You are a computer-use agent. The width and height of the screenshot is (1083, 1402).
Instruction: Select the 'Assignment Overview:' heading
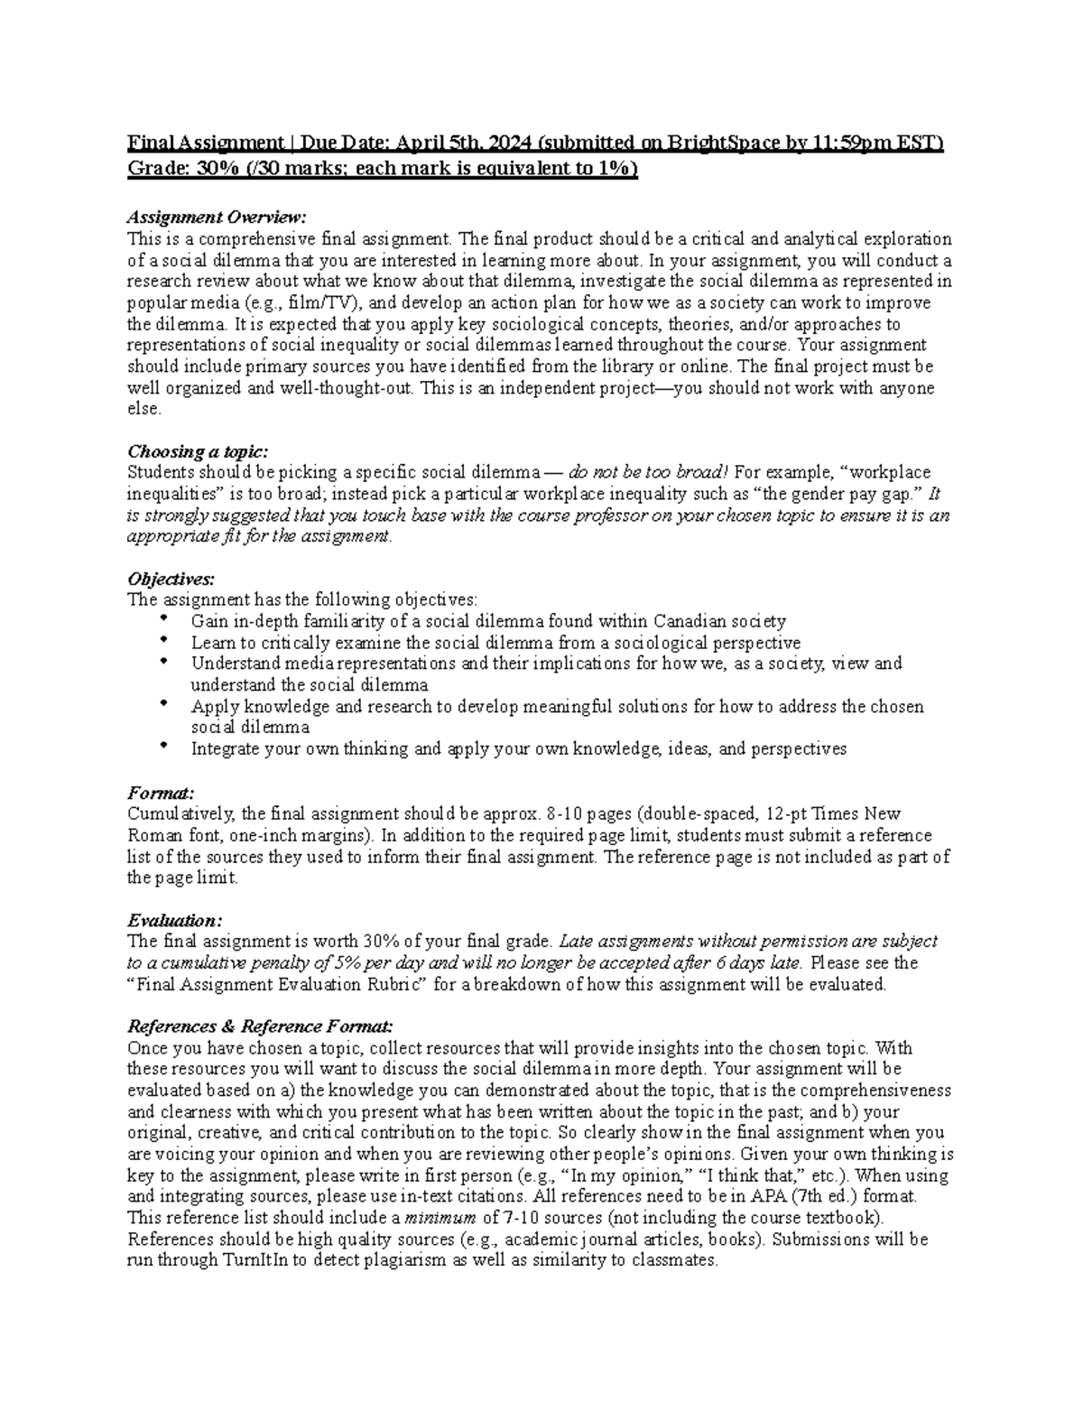[x=217, y=218]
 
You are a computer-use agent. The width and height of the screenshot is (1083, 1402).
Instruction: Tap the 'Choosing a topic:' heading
[x=198, y=450]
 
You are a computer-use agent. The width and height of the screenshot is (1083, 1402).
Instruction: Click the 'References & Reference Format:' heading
[x=260, y=1026]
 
